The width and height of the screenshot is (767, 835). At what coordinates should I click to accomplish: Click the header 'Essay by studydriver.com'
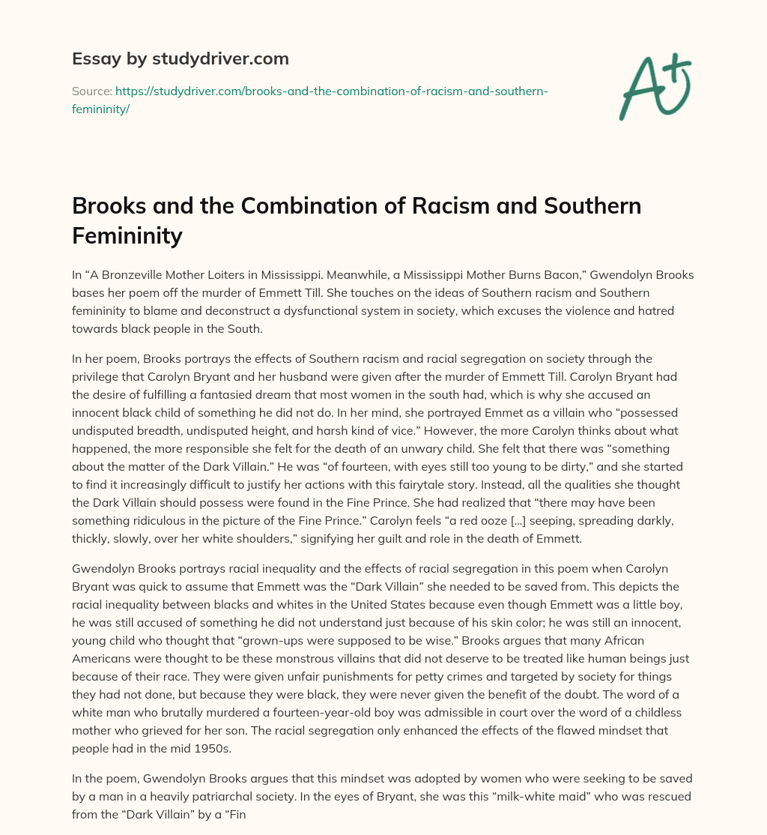pos(180,58)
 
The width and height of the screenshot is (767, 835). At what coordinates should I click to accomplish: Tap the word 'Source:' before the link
pos(91,91)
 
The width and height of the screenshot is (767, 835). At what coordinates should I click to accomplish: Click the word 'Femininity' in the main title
pos(127,236)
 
